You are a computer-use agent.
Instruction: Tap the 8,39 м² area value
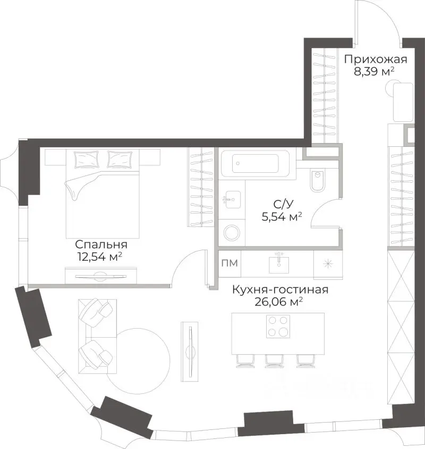pos(375,71)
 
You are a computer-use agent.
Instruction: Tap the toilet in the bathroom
pos(317,180)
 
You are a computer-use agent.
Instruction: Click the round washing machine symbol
pos(231,233)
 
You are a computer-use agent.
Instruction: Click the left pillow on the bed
pos(87,159)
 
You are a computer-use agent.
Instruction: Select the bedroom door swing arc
pos(189,262)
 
